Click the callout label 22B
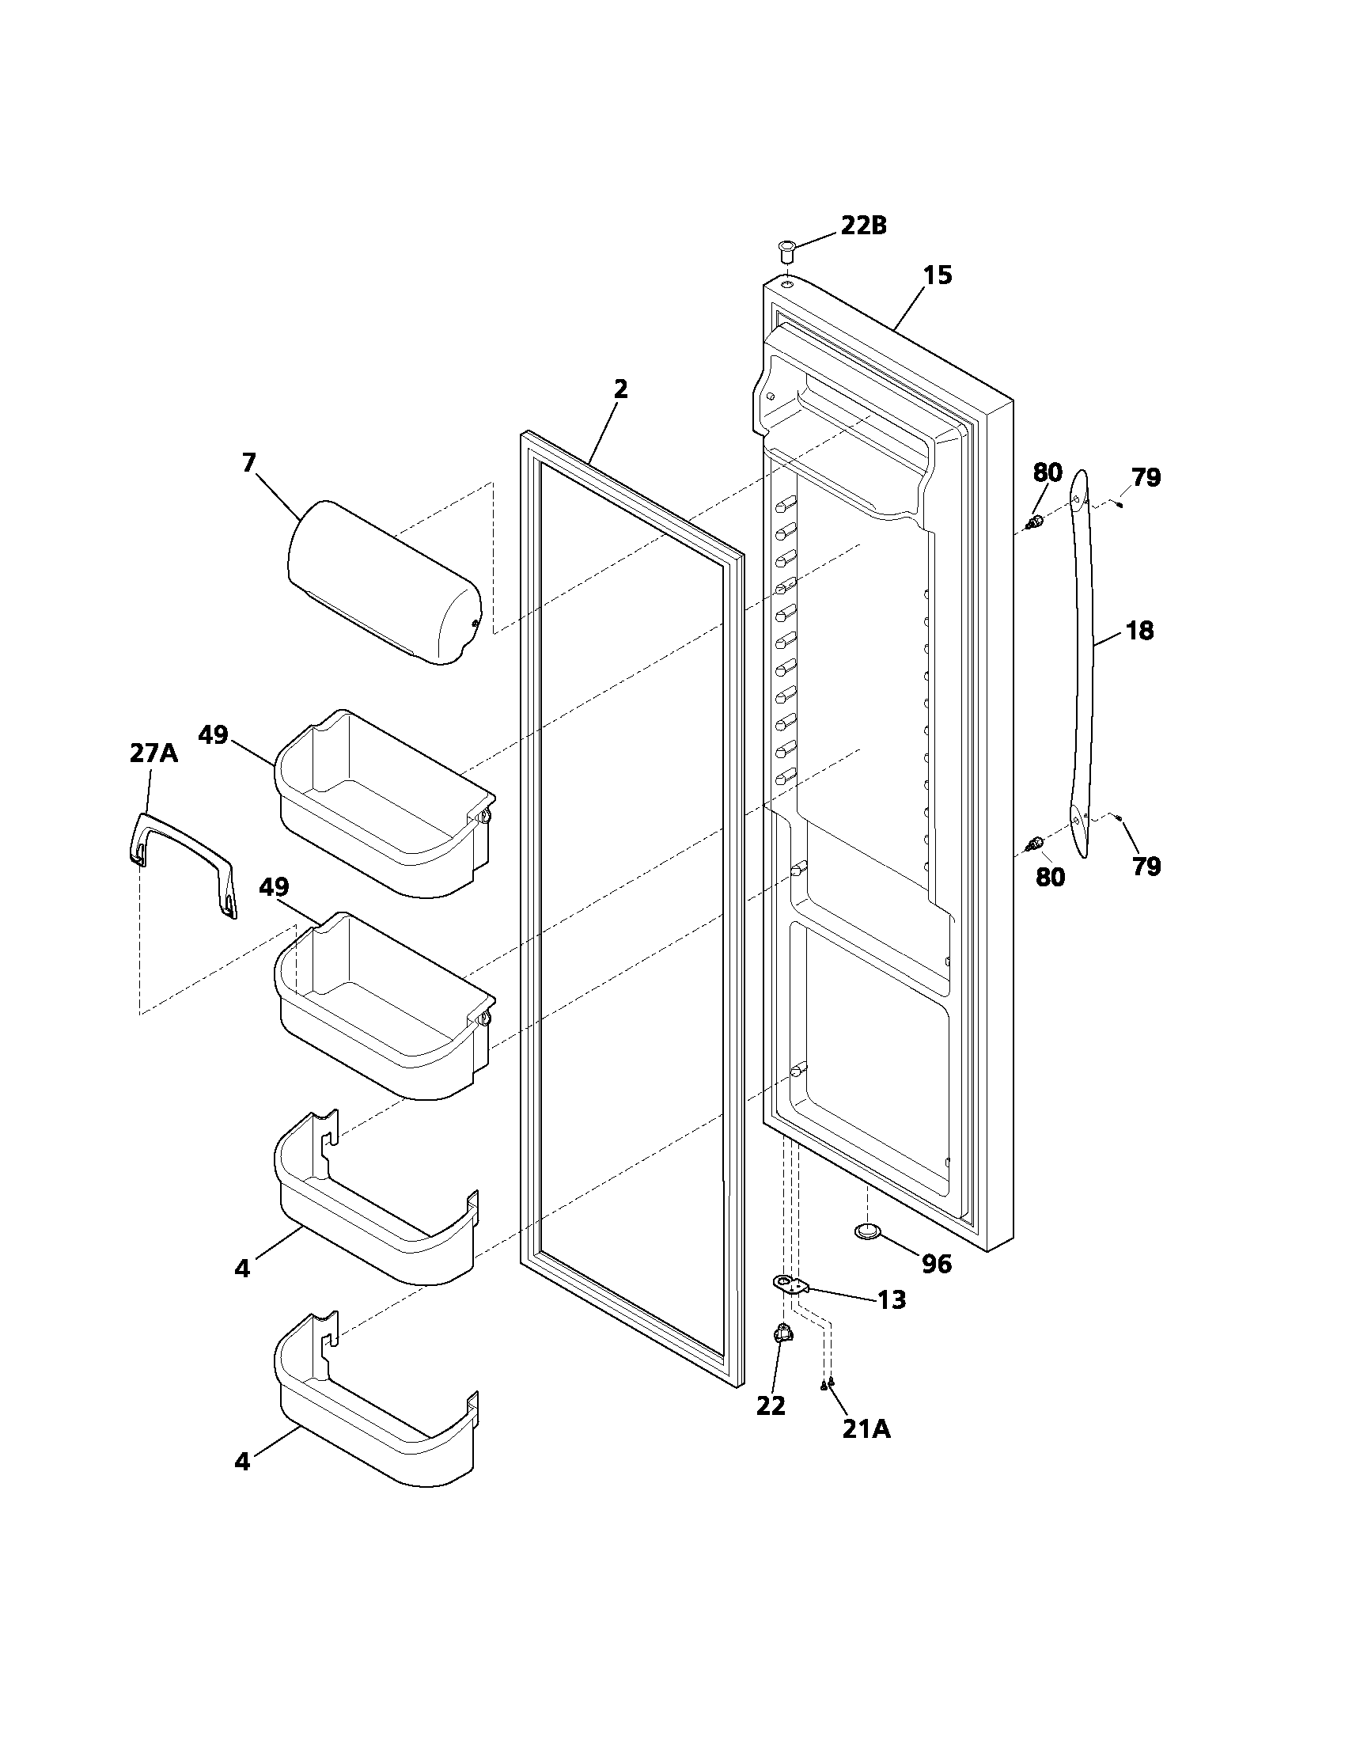864,226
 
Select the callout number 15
938,275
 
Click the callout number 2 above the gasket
621,389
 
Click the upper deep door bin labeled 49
382,805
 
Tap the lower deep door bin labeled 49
382,1008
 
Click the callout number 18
1140,631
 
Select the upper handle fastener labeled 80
1035,524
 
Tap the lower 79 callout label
1146,867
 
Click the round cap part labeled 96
868,1232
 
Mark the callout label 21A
866,1429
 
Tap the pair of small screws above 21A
827,1384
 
